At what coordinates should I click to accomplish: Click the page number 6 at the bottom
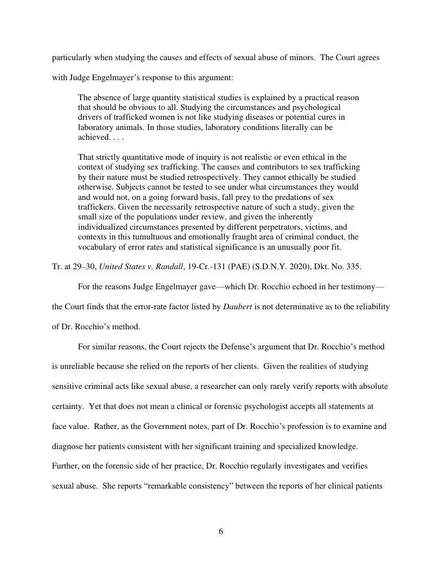coord(221,531)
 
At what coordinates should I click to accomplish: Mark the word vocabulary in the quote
coord(99,246)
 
